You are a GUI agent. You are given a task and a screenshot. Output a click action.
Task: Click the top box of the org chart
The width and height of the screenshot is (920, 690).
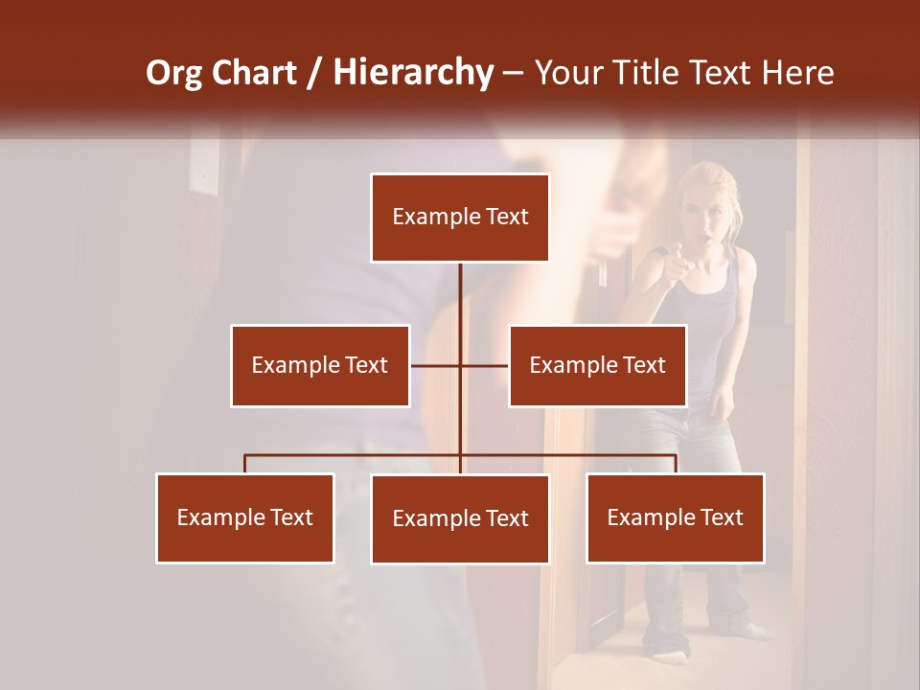(460, 218)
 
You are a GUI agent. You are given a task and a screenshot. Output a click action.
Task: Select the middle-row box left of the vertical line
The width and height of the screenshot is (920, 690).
(320, 365)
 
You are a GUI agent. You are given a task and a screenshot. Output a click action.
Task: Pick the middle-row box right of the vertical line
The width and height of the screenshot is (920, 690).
(597, 365)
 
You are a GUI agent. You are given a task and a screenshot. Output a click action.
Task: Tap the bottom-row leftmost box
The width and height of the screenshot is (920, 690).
(245, 517)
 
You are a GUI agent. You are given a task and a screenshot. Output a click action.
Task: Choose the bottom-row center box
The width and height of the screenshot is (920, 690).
(460, 518)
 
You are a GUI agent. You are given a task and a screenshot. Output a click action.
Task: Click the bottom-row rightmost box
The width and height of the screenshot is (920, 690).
(675, 517)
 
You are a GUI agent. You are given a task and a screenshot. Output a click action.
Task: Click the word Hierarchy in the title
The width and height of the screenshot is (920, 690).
(413, 73)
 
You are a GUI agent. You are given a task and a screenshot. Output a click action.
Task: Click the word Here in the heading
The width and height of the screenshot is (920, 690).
(797, 73)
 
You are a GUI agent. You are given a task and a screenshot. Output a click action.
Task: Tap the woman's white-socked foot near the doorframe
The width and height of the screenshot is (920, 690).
(672, 655)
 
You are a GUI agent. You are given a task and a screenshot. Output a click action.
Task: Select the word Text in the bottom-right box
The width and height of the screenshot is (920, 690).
(722, 517)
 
